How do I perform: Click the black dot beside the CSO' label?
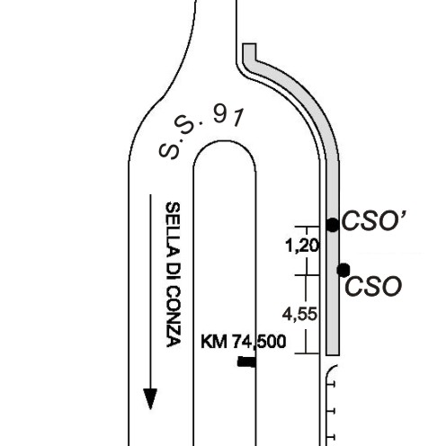(332, 225)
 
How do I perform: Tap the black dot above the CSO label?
(343, 270)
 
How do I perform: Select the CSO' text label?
(374, 221)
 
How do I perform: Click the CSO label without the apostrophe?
(373, 286)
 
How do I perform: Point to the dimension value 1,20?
(303, 246)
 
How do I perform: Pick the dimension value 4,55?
(299, 315)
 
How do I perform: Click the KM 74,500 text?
(243, 342)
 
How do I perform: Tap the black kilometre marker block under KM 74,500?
(246, 362)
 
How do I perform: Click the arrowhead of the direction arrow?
(150, 399)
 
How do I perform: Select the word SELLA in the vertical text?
(173, 227)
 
